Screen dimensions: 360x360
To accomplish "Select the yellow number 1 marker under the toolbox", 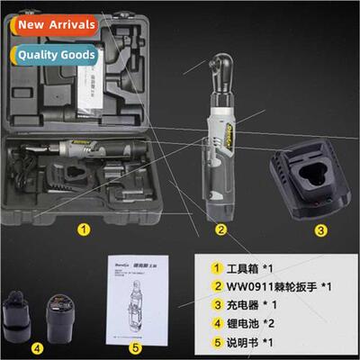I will click(83, 229).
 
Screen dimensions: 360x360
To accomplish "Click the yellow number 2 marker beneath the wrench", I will click(220, 229).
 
